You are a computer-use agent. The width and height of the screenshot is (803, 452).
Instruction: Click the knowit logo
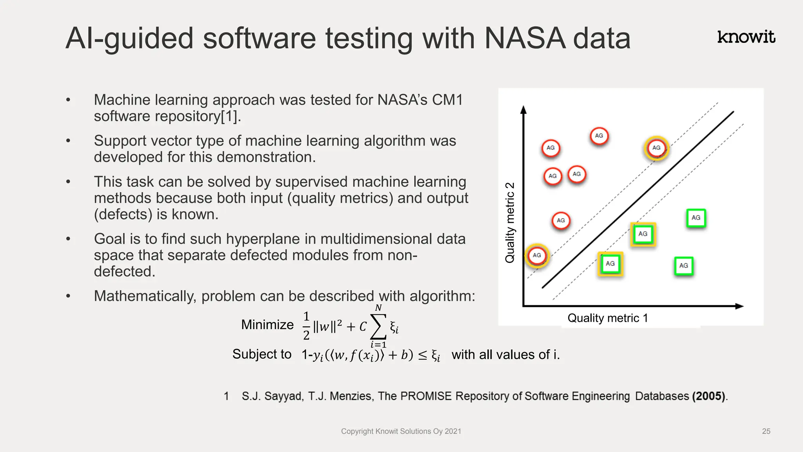pos(746,37)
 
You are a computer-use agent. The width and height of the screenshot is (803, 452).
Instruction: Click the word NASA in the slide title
pos(525,38)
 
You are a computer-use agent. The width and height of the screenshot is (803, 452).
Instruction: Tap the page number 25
pos(766,431)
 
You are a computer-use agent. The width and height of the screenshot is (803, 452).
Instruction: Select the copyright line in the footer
pos(401,431)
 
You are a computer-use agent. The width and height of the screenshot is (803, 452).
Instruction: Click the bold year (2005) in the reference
pos(709,396)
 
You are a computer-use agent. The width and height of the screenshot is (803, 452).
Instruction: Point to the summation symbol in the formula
pos(378,326)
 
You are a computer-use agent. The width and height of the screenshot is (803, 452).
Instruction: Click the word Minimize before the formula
pos(267,325)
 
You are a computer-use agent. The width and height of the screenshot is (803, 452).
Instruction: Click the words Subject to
pos(262,354)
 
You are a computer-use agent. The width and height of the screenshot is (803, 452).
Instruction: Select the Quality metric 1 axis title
pos(607,318)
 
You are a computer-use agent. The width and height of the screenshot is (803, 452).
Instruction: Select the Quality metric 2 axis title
pos(510,222)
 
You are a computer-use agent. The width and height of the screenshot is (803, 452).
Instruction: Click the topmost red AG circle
pos(599,136)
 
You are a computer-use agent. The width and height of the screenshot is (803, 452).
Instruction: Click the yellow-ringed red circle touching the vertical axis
pos(537,255)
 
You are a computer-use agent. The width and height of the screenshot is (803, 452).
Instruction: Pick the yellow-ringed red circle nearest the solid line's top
pos(656,148)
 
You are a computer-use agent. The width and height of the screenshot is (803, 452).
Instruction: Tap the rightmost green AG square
pos(696,218)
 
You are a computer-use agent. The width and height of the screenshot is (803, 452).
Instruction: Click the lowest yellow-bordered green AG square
pos(610,264)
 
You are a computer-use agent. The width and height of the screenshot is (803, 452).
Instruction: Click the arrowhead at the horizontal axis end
pos(739,306)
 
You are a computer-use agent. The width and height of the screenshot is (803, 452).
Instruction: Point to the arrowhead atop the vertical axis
pos(523,109)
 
